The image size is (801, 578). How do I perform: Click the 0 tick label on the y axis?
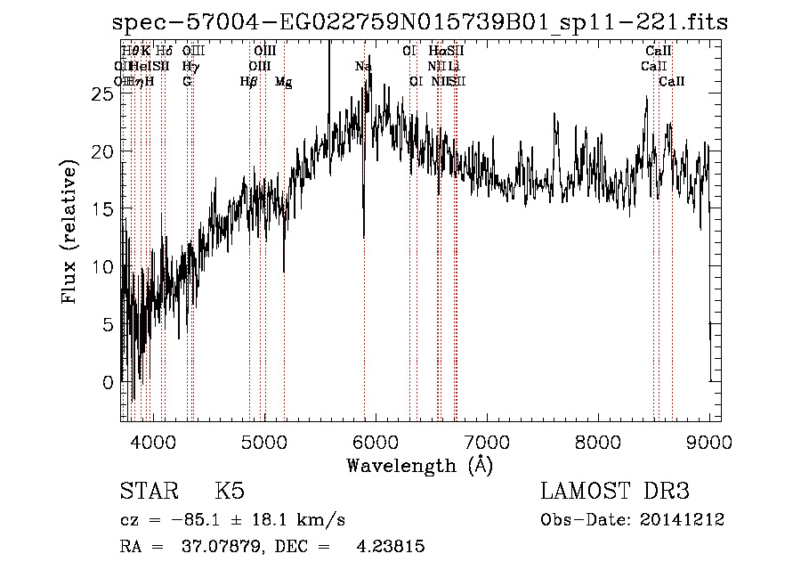[x=108, y=383]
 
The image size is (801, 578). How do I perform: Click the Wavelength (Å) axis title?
[x=419, y=465]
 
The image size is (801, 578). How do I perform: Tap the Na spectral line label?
[x=363, y=67]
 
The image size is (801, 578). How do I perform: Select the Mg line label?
[x=283, y=82]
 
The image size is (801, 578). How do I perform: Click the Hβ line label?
[x=249, y=82]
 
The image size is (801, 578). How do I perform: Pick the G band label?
[x=187, y=82]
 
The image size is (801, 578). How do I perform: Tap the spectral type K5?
[x=230, y=492]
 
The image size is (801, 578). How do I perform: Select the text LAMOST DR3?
[x=615, y=492]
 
